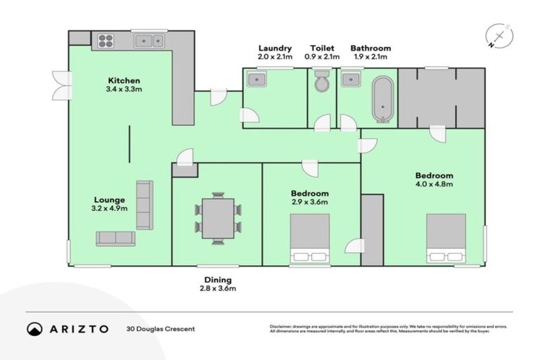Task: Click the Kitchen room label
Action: click(124, 80)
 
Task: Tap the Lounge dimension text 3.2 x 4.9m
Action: click(108, 209)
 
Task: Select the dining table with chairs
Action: click(217, 218)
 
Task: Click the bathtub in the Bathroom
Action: click(383, 99)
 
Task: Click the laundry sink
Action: click(256, 79)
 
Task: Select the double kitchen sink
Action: click(149, 40)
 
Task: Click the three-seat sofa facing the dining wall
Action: click(144, 205)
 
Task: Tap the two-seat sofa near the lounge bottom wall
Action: click(115, 238)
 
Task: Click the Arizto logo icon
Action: click(34, 328)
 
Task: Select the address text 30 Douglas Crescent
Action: click(160, 328)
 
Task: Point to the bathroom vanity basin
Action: click(351, 79)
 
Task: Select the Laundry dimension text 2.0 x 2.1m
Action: click(275, 57)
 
